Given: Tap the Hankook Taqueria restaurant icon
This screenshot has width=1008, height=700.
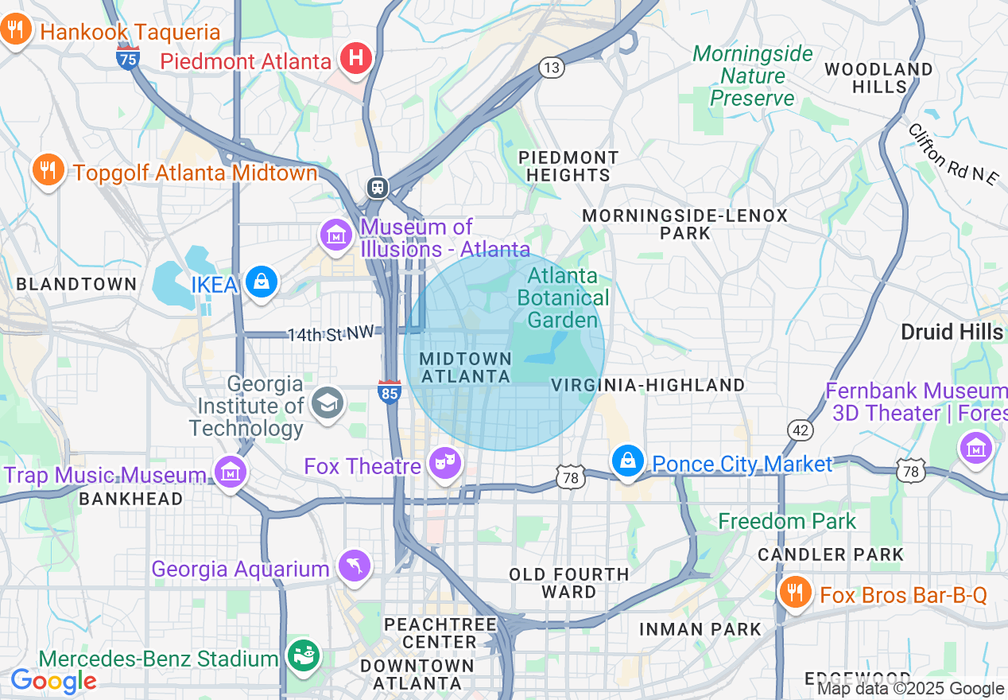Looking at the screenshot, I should point(15,31).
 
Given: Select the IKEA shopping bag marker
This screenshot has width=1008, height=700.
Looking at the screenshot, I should point(261,282).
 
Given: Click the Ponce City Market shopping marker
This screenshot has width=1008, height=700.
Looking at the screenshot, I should point(628,461).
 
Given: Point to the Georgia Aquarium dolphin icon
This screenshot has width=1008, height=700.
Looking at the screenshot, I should point(355,566).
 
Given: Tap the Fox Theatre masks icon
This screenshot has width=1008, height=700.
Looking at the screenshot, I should point(444,461).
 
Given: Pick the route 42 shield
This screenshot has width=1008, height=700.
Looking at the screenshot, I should point(800,430).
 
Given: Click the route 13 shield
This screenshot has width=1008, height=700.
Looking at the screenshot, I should point(552,68).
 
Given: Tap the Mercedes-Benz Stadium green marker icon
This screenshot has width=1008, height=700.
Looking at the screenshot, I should point(302,655).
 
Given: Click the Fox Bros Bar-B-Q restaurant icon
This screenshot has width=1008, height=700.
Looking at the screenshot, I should point(793,593).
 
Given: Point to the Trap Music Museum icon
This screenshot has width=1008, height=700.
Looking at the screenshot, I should point(230,472).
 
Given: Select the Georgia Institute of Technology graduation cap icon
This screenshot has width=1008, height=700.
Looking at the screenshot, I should point(327,403).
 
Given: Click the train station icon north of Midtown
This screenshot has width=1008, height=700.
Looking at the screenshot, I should point(377,188).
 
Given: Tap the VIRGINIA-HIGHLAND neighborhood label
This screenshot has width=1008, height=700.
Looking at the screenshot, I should point(648,385).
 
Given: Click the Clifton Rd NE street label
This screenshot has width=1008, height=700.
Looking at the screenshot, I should point(952,154).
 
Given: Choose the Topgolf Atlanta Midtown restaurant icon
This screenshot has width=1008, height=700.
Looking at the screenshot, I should point(48,170).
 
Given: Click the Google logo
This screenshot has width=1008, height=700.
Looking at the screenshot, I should point(52,681).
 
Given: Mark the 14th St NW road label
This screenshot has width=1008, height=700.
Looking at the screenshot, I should point(330,334).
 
